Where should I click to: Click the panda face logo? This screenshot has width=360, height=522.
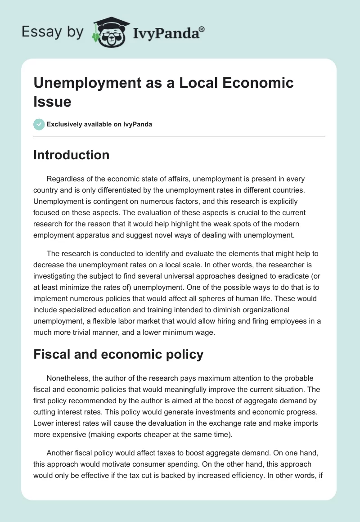[x=108, y=33]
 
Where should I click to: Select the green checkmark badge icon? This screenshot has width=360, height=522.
[x=39, y=124]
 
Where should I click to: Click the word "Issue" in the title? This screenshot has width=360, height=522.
[x=52, y=102]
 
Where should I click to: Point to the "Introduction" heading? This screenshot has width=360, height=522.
[x=72, y=155]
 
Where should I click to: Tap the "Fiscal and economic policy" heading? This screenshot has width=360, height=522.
[x=118, y=355]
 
